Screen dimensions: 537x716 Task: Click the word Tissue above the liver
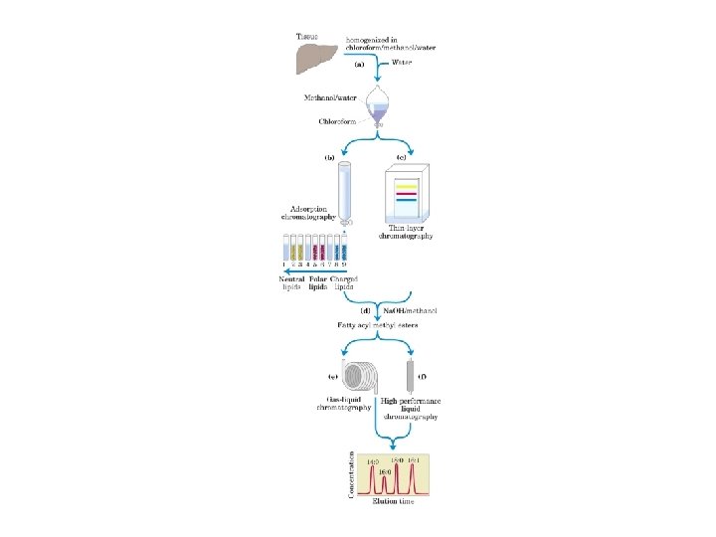[x=309, y=37]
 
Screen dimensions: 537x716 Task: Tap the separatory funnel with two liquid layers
[x=377, y=104]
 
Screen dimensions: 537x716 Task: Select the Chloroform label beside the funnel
[x=338, y=121]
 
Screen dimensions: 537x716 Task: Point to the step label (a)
[x=359, y=64]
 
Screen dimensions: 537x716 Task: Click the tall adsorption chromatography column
[x=345, y=189]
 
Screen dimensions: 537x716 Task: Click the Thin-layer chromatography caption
[x=405, y=233]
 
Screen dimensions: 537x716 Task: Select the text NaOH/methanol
[x=410, y=311]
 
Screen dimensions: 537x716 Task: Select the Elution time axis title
[x=393, y=501]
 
